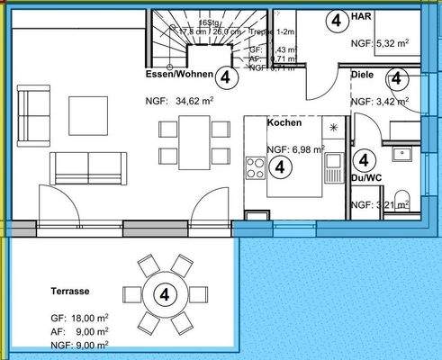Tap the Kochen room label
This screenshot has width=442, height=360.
click(x=284, y=122)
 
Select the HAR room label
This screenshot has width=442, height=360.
click(x=362, y=17)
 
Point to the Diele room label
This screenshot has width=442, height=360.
click(x=362, y=76)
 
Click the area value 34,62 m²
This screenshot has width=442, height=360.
click(x=179, y=103)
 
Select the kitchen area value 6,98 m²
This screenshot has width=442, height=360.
click(x=295, y=149)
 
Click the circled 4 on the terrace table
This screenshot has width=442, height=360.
click(x=164, y=293)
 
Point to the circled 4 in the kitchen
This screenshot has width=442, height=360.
click(x=281, y=166)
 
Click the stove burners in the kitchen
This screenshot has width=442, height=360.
click(x=255, y=167)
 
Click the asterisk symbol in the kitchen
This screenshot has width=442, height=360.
click(x=336, y=128)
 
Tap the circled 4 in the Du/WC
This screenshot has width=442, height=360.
click(x=364, y=160)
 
